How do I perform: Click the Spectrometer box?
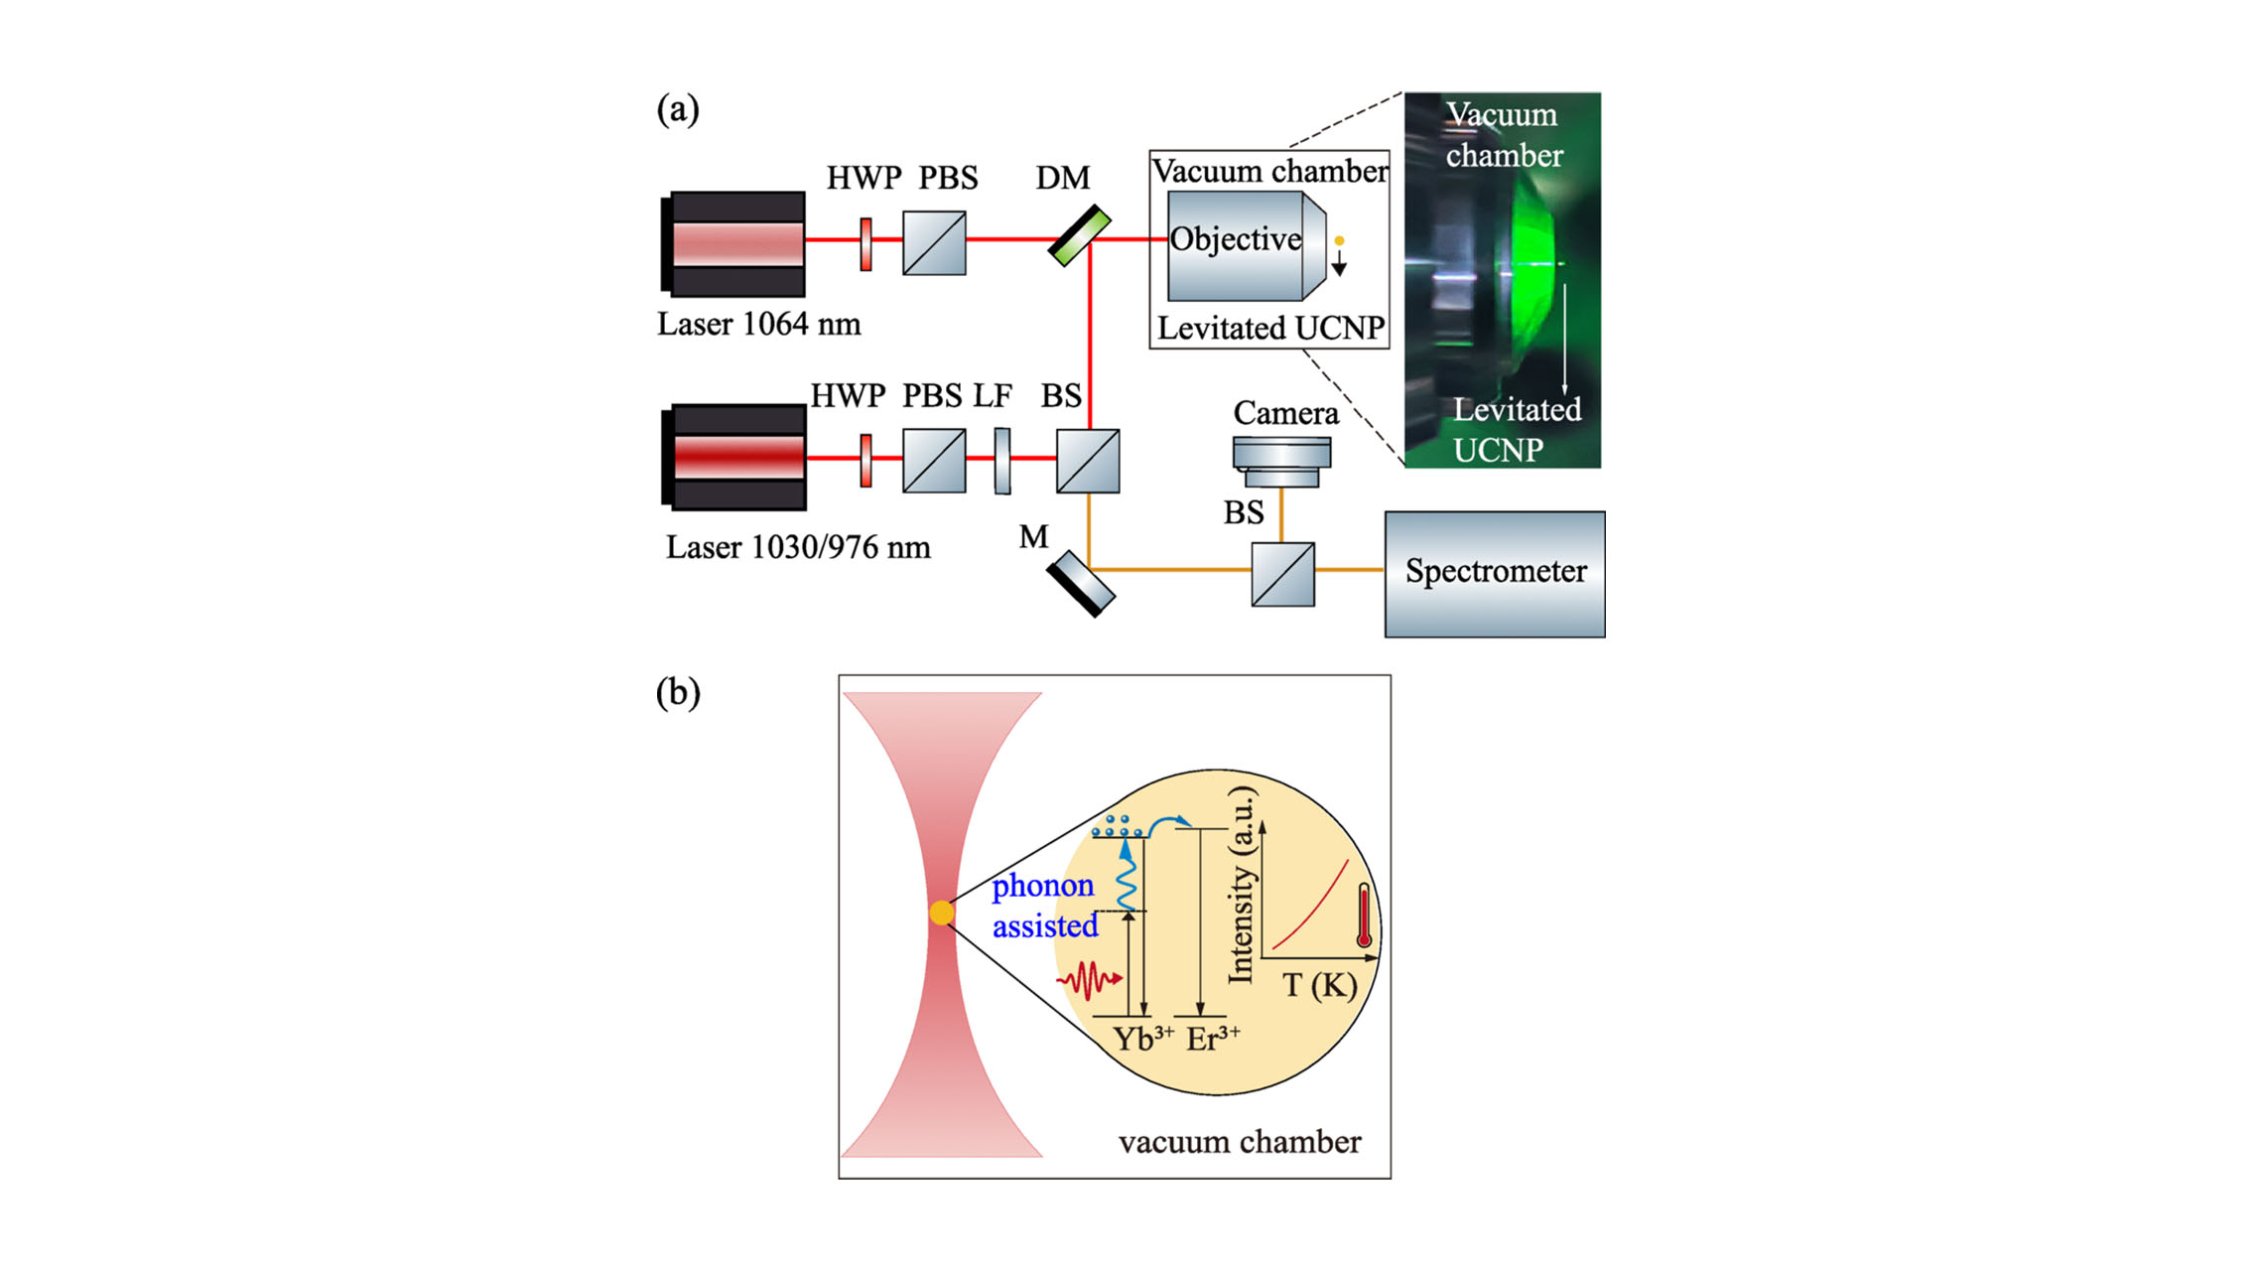1494,574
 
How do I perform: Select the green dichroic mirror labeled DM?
1079,236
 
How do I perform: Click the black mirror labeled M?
1081,584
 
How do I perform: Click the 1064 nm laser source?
733,244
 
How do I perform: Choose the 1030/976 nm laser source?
733,457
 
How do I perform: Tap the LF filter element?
1002,460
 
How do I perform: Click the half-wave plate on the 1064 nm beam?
865,244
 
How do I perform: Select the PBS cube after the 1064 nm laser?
933,242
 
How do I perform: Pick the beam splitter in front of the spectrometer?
1282,574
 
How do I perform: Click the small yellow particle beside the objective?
1339,240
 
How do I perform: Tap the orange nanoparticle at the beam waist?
941,913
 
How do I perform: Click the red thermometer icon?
1364,917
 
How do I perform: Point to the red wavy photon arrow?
1089,980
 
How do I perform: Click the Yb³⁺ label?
1141,1039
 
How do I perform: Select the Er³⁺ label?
1212,1039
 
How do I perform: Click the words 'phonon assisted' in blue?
1044,906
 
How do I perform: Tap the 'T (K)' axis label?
1318,985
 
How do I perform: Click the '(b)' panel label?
678,692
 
